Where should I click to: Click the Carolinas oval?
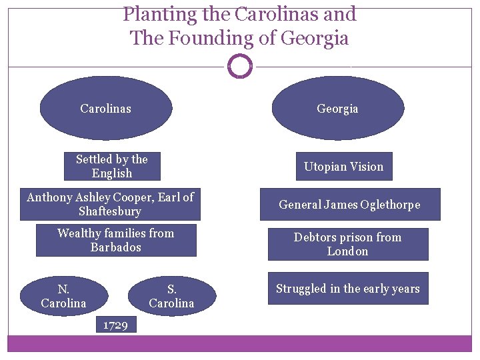click(x=105, y=108)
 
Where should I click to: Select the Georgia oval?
click(x=337, y=108)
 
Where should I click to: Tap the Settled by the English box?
click(x=112, y=166)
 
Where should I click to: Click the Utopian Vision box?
click(x=343, y=167)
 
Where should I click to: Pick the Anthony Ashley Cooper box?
click(x=110, y=204)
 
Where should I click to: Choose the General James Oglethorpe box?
click(x=349, y=205)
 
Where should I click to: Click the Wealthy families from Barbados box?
click(x=116, y=240)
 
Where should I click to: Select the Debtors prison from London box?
click(x=347, y=244)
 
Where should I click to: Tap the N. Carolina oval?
click(x=63, y=296)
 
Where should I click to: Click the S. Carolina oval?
click(x=171, y=296)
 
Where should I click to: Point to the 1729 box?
click(x=115, y=325)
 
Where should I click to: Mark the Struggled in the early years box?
click(x=347, y=289)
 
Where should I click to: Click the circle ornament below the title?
click(x=240, y=66)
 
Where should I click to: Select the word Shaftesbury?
click(x=110, y=211)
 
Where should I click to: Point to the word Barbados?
click(x=115, y=247)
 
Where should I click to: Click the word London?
click(x=347, y=251)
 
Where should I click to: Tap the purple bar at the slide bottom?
click(x=240, y=343)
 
